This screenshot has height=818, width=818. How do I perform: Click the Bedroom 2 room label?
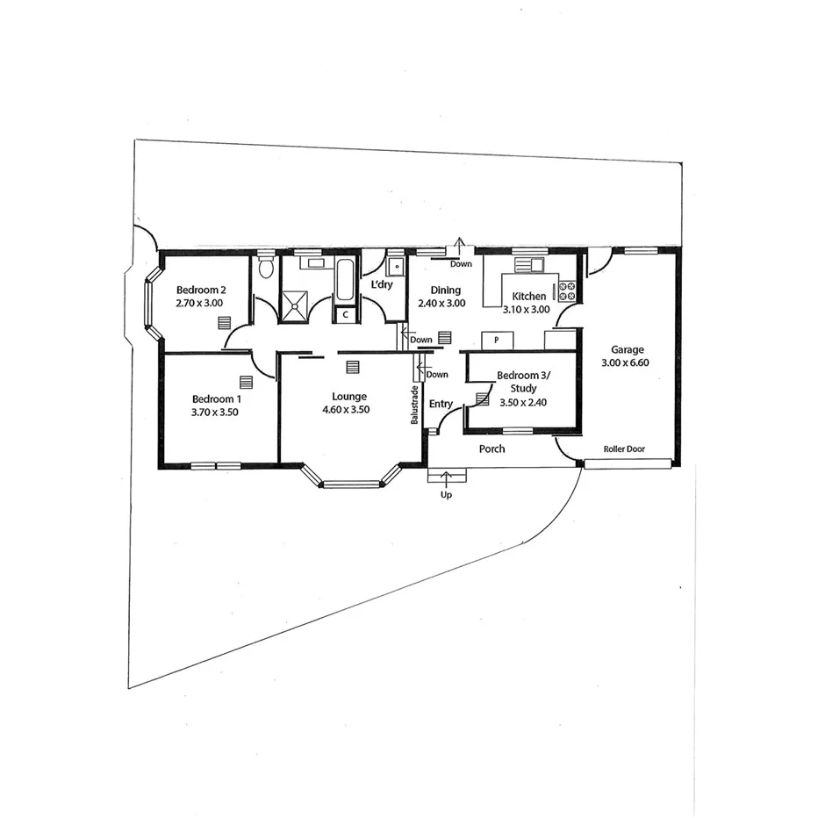[x=201, y=291]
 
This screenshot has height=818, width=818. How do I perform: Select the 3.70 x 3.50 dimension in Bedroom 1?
[x=215, y=411]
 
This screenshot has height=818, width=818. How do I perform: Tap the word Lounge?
[x=349, y=397]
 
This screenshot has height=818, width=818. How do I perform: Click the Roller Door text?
[x=624, y=449]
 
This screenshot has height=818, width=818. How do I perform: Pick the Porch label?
[x=492, y=449]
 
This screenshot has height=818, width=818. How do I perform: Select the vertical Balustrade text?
[x=413, y=405]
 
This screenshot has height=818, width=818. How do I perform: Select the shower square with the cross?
[x=297, y=304]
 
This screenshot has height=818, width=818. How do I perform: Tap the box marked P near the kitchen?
[x=497, y=339]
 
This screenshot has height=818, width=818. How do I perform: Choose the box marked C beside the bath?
[x=345, y=313]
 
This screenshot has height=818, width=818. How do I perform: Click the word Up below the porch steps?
[x=447, y=495]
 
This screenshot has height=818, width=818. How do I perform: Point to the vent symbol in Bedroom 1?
[x=245, y=382]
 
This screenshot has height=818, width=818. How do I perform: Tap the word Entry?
[x=441, y=404]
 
